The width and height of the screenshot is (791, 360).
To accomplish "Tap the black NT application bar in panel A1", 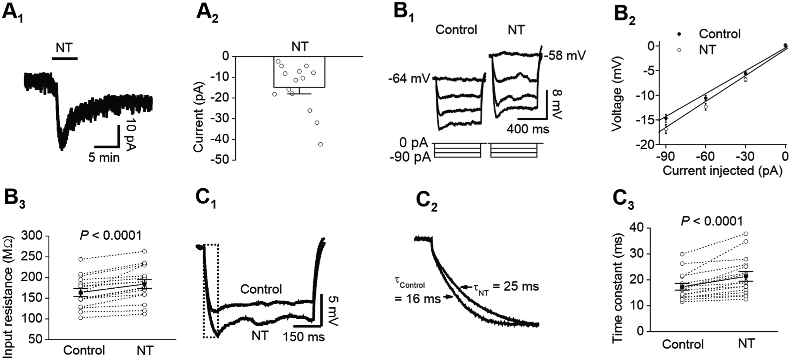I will [65, 59].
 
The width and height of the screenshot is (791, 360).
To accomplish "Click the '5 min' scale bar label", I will [104, 158].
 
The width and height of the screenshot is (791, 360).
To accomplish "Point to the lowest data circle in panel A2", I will [320, 145].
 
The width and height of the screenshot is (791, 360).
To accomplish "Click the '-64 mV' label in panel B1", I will [409, 79].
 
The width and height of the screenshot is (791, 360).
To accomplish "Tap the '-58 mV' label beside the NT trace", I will [565, 56].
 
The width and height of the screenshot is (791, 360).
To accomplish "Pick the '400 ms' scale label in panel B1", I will [528, 129].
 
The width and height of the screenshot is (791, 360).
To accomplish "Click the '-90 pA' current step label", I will [410, 158].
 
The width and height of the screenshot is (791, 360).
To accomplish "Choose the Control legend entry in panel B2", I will [719, 34].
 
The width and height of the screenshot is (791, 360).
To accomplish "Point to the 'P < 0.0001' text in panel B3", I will [111, 236].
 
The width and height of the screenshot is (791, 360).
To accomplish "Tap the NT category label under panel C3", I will [745, 344].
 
